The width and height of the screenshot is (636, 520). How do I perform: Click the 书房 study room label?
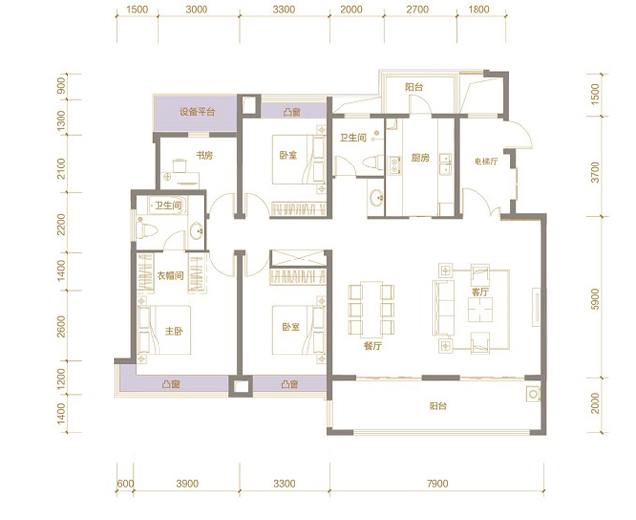coord(204,155)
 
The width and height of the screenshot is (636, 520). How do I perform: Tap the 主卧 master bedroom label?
coord(174,331)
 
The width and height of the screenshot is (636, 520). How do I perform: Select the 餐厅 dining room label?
coord(373,346)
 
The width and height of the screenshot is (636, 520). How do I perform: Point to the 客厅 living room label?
coord(480,292)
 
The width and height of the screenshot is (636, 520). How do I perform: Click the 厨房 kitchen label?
coord(420,157)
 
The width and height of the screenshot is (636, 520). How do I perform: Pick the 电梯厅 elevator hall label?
coord(486,162)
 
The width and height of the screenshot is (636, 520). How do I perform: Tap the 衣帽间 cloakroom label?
coord(170,276)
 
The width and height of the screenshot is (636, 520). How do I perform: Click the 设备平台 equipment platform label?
coord(197,112)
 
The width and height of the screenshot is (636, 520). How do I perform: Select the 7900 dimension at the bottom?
coord(437,484)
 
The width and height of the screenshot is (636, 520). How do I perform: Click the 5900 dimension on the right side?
coord(595,300)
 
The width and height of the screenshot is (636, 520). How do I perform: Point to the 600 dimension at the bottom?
coord(125,484)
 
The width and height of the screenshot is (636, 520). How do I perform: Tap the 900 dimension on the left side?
coord(61,86)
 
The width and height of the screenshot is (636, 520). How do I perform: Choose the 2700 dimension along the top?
coord(417,9)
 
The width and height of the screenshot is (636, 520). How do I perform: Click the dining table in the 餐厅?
coord(372,309)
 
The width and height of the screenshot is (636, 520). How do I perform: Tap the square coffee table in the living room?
coord(480,309)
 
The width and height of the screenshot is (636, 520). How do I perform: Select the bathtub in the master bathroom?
coord(166,206)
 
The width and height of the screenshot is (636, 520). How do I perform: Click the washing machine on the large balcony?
coord(533,394)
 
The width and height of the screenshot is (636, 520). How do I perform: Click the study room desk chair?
coord(180,165)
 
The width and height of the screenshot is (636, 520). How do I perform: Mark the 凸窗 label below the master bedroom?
coord(171,384)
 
